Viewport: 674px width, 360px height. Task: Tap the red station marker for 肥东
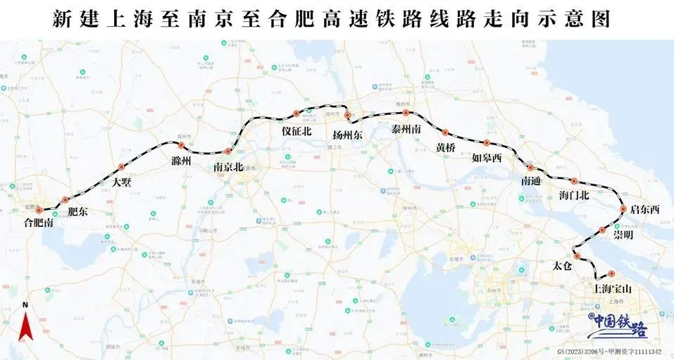(x=65, y=200)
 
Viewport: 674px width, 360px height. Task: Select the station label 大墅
(x=123, y=181)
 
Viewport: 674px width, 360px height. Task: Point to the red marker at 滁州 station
(x=181, y=146)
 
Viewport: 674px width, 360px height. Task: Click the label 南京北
(x=228, y=167)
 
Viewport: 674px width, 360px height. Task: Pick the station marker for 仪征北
(x=297, y=113)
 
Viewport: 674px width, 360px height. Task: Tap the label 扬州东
(x=347, y=135)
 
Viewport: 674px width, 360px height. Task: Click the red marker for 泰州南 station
(x=406, y=112)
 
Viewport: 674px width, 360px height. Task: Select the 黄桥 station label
(x=446, y=148)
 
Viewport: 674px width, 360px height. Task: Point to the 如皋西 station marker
(x=486, y=143)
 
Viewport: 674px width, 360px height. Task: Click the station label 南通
(x=531, y=181)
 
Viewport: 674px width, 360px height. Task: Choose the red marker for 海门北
(x=574, y=181)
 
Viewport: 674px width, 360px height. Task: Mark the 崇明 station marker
(x=602, y=230)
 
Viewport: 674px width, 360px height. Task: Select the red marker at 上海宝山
(x=611, y=274)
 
